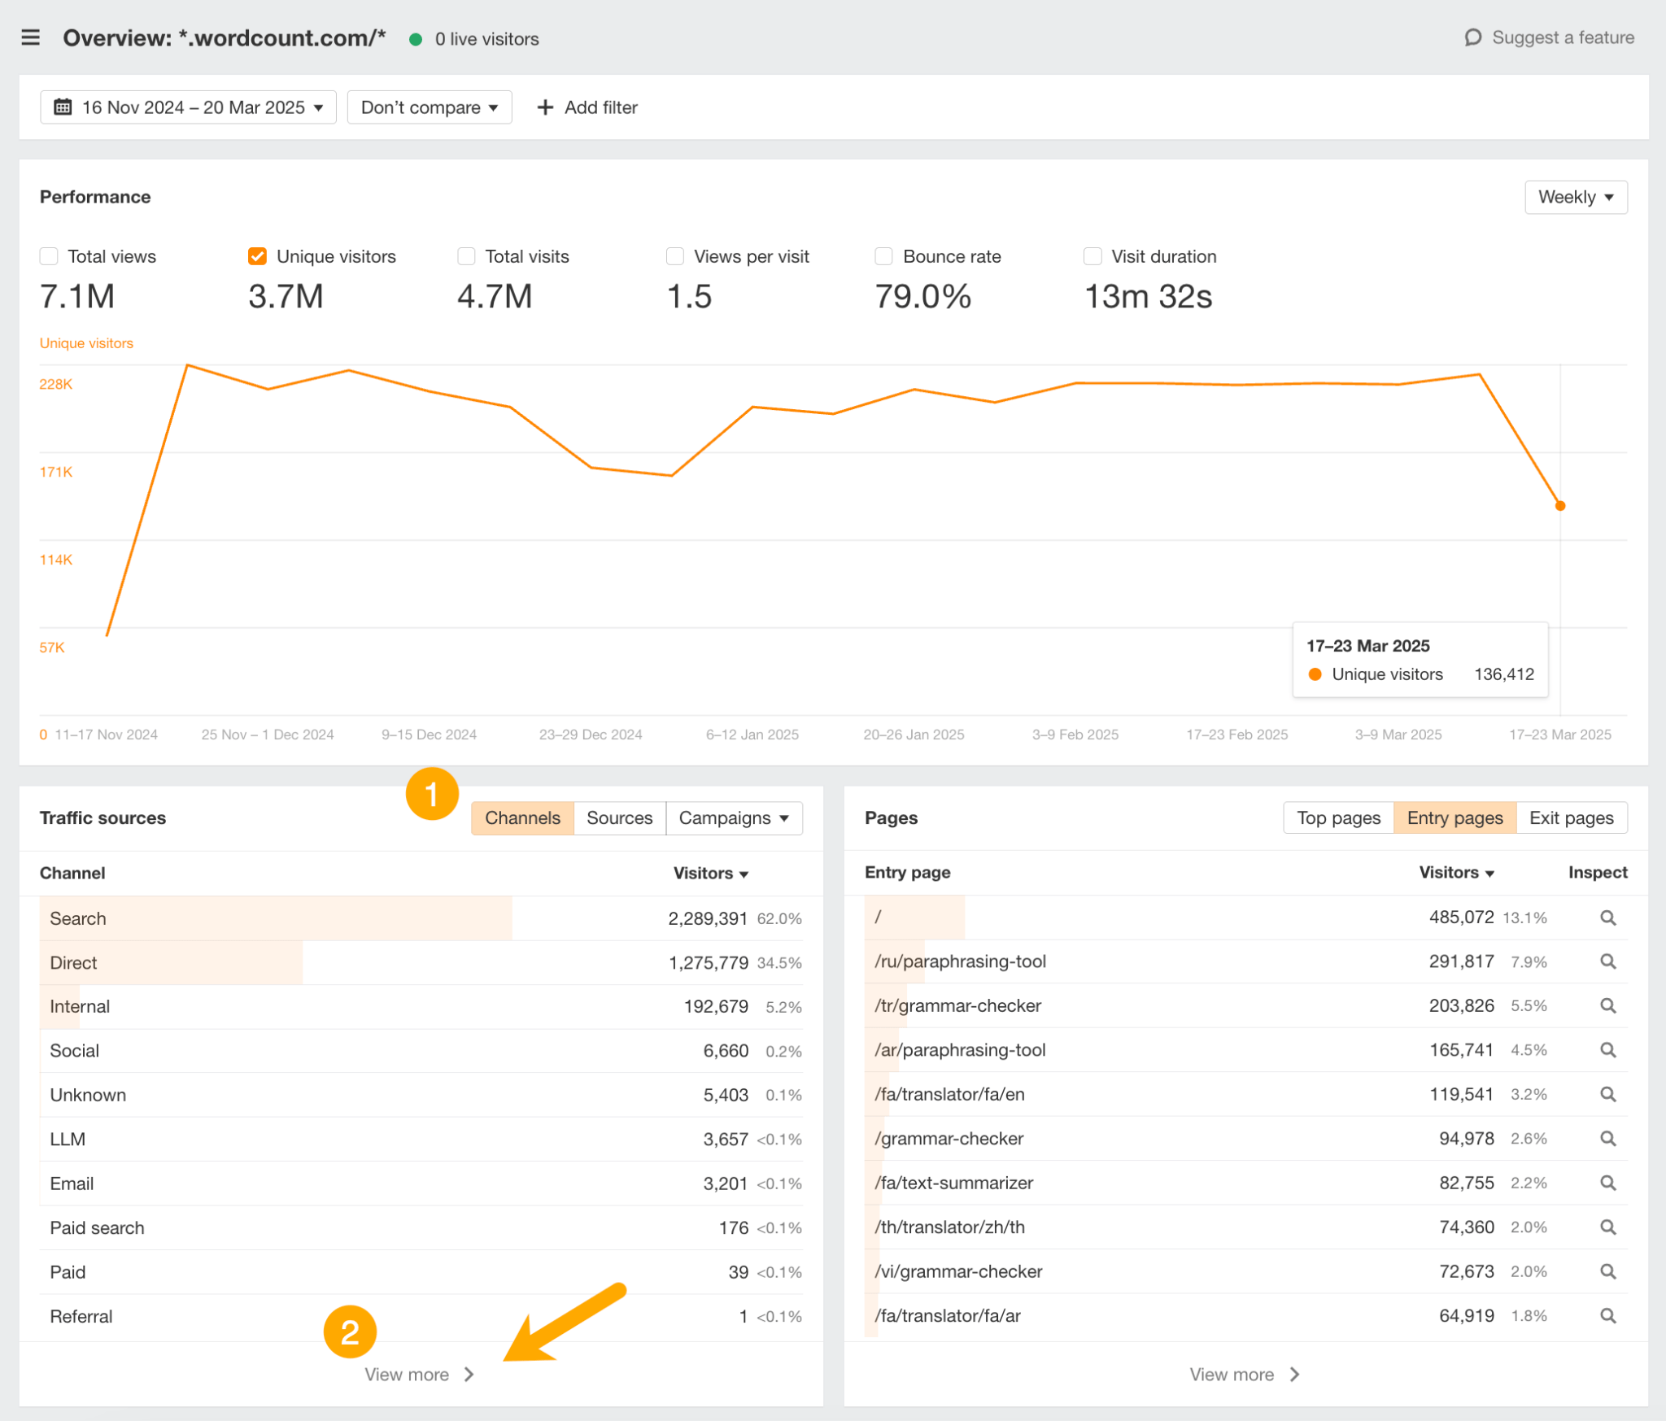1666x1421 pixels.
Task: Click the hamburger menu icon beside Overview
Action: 30,38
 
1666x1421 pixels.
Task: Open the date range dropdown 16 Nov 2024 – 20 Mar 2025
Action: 188,107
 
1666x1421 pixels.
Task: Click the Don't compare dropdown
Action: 429,107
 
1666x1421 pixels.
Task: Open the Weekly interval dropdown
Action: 1575,198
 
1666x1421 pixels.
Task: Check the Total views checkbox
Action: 49,257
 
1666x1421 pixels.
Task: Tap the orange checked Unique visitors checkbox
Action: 257,257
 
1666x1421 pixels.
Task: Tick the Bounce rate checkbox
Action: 883,257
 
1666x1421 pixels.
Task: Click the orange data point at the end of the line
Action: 1559,506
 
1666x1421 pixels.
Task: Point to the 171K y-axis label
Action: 56,472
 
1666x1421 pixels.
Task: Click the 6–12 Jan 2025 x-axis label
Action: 752,734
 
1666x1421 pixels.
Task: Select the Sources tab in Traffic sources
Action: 619,818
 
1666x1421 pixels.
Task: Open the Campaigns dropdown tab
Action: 734,818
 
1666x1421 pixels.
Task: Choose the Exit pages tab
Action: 1571,818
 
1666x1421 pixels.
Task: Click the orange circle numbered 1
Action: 432,794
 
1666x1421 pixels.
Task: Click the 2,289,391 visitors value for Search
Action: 707,918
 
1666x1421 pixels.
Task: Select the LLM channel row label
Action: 68,1139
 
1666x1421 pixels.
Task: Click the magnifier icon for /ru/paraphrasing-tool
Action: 1607,961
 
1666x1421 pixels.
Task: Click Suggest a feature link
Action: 1550,38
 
